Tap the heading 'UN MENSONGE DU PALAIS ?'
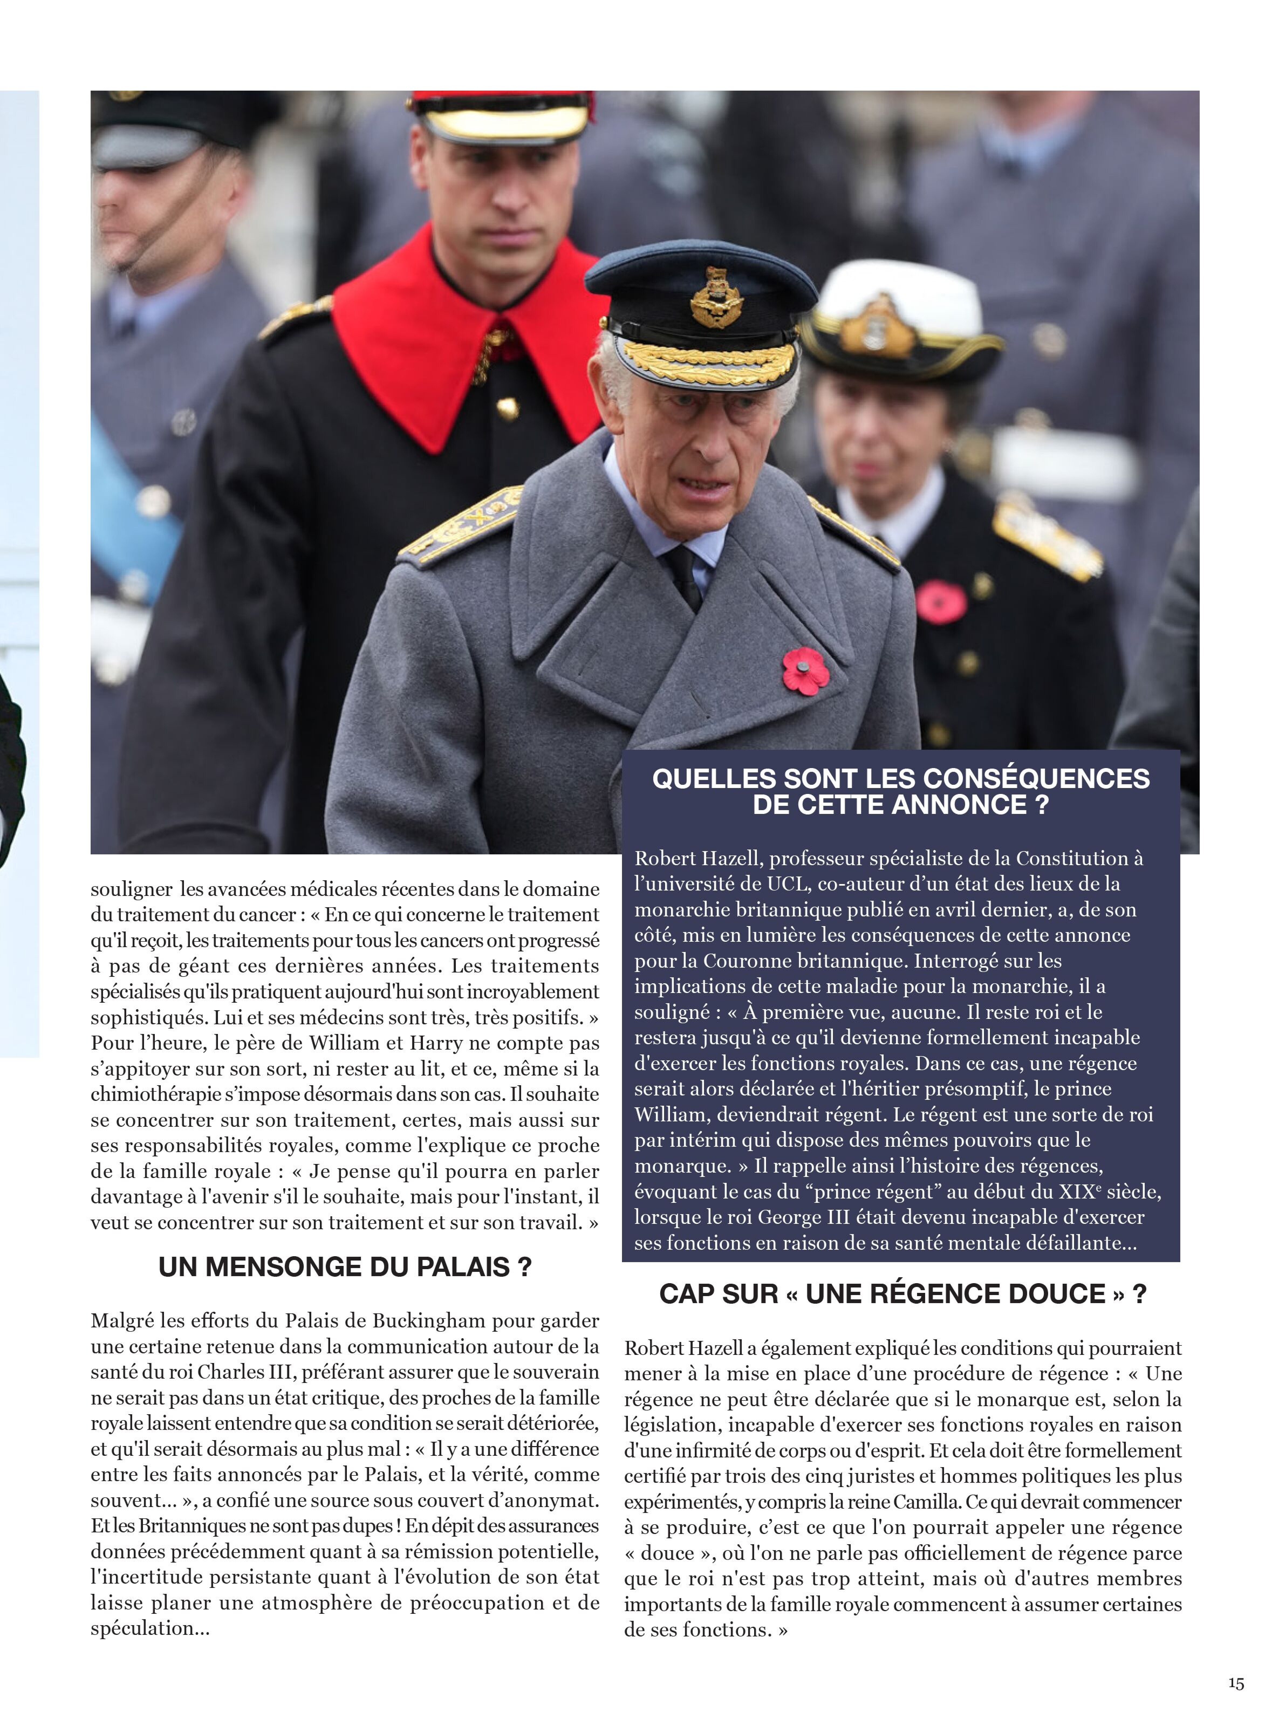(x=345, y=1266)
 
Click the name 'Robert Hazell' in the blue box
(x=697, y=858)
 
